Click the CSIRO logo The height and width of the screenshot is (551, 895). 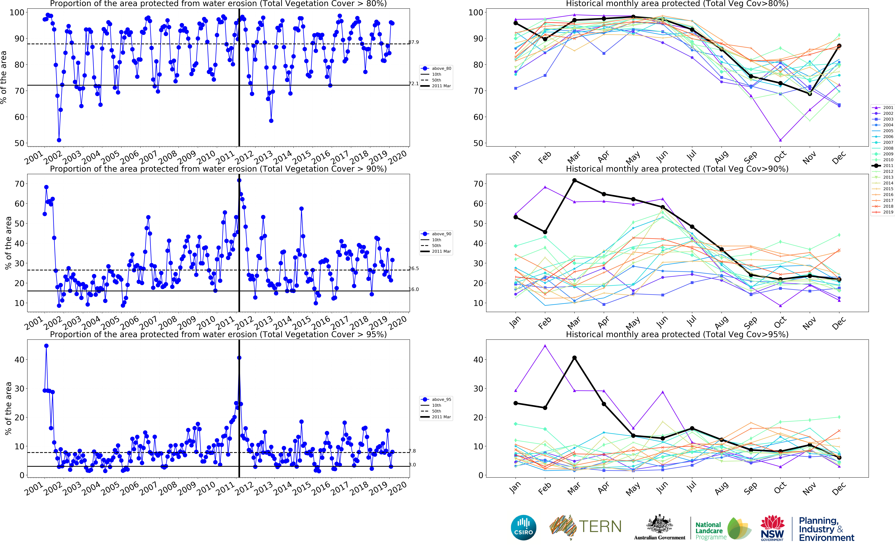(x=524, y=527)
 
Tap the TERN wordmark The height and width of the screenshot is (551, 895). (x=600, y=527)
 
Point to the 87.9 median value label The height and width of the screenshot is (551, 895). (x=413, y=42)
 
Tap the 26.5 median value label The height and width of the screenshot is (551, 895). (x=413, y=269)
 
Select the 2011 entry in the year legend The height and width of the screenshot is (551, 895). (x=888, y=165)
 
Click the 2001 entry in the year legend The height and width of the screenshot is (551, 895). (x=888, y=108)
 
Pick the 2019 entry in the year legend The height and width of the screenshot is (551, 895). (x=888, y=212)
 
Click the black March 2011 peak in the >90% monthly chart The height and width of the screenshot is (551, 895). (x=575, y=180)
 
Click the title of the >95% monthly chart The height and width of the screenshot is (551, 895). (x=677, y=334)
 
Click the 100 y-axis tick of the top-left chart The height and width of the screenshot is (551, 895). (x=17, y=12)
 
